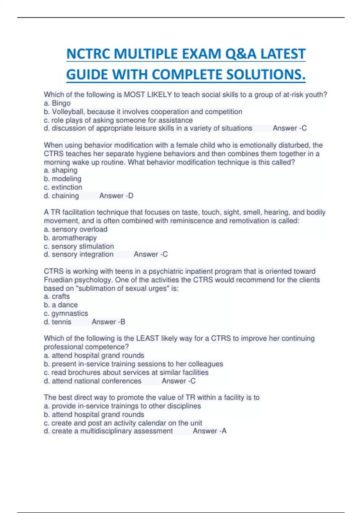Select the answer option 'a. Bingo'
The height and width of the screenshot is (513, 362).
tap(57, 103)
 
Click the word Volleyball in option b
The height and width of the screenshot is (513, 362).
tap(68, 112)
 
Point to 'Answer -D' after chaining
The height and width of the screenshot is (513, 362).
tap(116, 196)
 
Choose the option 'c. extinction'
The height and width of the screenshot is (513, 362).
tap(63, 187)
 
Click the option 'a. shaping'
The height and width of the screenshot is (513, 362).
tap(61, 170)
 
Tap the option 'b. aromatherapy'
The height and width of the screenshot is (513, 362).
tap(70, 238)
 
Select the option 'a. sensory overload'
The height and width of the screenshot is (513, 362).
tap(75, 229)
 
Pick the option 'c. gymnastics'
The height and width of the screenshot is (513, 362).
tap(66, 314)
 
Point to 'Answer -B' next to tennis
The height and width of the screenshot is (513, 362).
tap(108, 322)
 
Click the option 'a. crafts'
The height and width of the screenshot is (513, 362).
tap(57, 297)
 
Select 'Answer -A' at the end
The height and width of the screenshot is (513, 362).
tap(210, 431)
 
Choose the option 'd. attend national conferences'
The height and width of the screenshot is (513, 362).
tap(92, 381)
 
